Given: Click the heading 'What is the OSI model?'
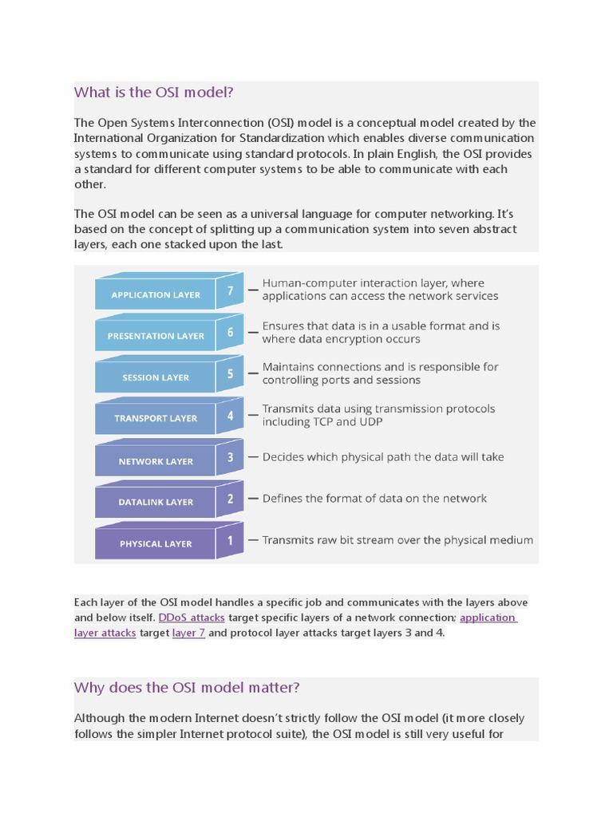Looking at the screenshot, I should click(153, 93).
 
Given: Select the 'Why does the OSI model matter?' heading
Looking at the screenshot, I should click(187, 688).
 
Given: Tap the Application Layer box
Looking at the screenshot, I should click(156, 294).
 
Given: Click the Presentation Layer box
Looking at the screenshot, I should click(156, 336).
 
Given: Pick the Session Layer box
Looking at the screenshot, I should click(156, 377).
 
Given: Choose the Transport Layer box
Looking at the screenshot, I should click(156, 418).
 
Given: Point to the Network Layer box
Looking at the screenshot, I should click(156, 461).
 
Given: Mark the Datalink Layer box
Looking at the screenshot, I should click(156, 502).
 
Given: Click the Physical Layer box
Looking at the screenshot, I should click(156, 543).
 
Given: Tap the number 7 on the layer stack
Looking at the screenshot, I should click(231, 290).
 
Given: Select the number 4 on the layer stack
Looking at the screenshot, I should click(231, 416).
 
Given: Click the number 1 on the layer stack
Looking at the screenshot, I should click(231, 539).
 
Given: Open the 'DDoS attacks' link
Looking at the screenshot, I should click(192, 618).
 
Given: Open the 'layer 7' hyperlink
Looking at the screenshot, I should click(188, 633).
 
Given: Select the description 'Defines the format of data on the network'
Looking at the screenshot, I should click(374, 499).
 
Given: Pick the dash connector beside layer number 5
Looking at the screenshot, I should click(252, 373).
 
